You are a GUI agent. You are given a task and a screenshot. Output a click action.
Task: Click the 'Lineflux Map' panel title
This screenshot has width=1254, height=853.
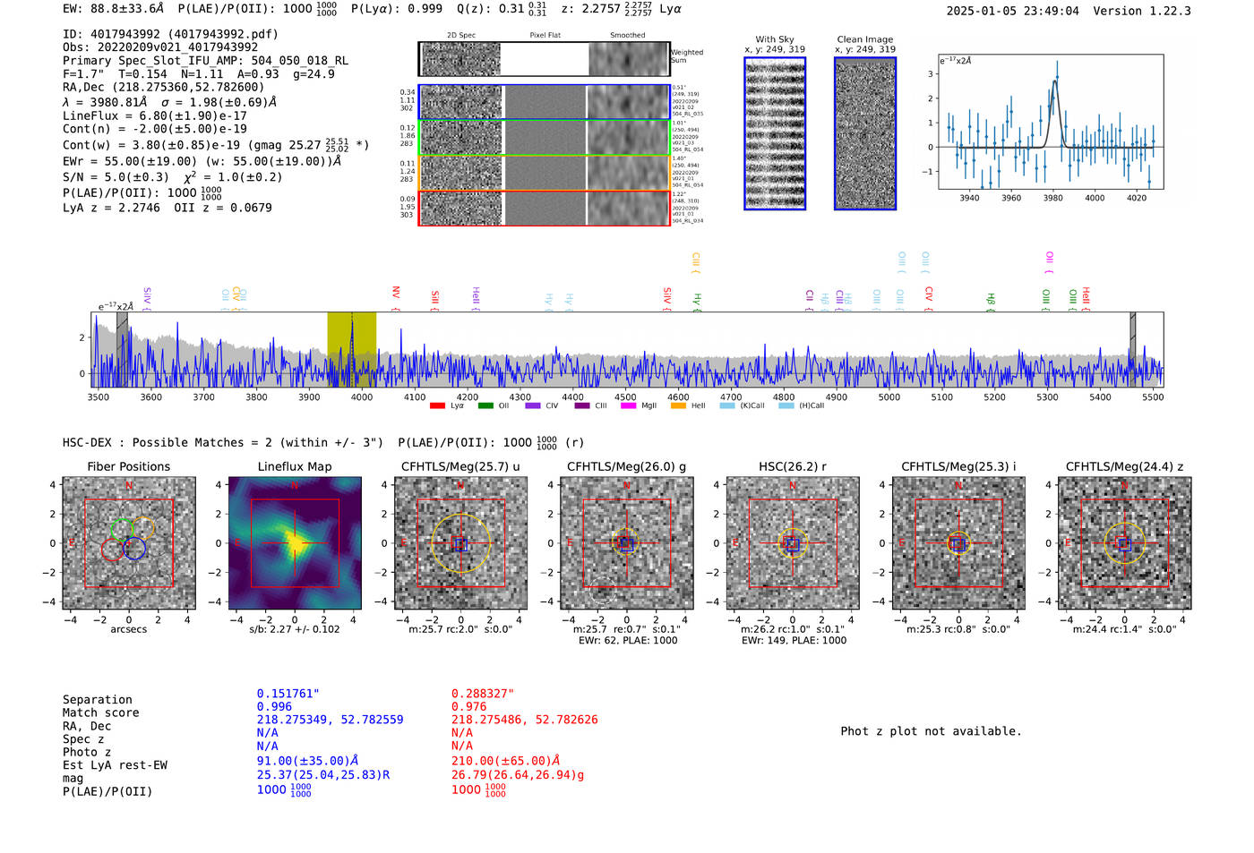coord(294,466)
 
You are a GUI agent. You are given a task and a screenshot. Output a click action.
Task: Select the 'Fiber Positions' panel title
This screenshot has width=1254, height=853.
coord(128,466)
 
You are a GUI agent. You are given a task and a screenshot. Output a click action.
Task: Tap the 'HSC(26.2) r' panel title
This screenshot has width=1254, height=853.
coord(792,466)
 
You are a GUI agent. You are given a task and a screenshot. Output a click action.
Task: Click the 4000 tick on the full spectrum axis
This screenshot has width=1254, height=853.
coord(362,397)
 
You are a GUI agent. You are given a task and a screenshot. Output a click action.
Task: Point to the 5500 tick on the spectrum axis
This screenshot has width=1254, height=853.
coord(1152,397)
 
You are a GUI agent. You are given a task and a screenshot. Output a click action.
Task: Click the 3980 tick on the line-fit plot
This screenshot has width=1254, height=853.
coord(1052,198)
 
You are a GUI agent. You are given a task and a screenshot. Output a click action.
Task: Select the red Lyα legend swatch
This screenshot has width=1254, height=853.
coord(437,405)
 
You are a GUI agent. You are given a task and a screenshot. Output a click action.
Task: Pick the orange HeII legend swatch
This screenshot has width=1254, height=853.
coord(678,405)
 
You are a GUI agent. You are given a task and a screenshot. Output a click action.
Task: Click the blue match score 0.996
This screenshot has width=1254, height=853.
coord(274,706)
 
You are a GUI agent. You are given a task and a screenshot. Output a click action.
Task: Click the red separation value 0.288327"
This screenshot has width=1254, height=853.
coord(483,694)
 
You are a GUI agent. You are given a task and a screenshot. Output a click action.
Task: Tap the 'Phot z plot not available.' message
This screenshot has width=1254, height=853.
coord(931,731)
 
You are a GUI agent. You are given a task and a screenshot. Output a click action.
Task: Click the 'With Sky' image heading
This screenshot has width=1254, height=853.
coord(775,39)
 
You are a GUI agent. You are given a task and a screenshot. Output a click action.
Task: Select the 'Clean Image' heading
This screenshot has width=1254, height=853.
coord(864,39)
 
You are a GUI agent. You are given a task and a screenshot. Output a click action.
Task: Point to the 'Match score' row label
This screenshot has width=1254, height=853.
coord(100,712)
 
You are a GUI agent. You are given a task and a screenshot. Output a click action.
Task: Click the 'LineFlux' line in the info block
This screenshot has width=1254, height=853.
coord(154,115)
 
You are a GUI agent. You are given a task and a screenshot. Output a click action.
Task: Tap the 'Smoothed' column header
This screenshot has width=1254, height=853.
coord(627,36)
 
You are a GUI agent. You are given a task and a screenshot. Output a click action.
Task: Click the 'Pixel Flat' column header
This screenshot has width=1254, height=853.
coord(545,36)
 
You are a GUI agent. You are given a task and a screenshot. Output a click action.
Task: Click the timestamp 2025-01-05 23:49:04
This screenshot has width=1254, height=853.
coord(1012,11)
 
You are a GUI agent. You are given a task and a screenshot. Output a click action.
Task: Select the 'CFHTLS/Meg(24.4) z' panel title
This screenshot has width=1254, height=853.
coord(1124,466)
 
